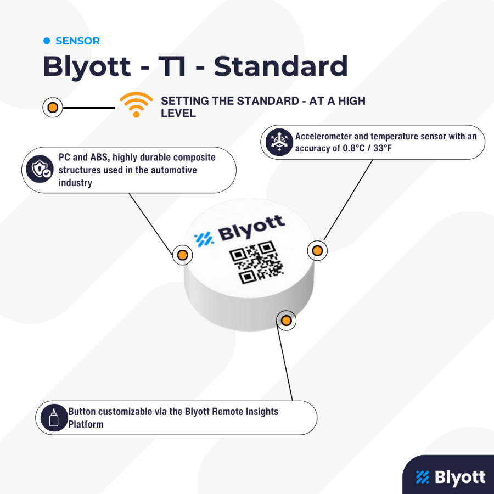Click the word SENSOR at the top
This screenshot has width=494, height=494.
[77, 41]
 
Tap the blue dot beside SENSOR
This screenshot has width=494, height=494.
[47, 41]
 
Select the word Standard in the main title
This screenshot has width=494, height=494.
[280, 66]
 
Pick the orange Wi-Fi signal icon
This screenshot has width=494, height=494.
[136, 105]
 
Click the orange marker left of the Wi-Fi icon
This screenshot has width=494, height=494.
[53, 108]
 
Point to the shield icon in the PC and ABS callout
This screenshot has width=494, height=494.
[40, 169]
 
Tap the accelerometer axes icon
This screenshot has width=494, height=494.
[279, 142]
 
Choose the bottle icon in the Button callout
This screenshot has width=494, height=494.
[54, 418]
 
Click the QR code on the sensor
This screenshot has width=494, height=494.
[256, 262]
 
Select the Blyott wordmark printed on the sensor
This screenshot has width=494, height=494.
[252, 228]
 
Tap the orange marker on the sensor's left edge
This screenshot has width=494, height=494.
[182, 255]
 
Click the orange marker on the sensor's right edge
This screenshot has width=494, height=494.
[317, 250]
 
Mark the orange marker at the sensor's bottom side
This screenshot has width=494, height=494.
[286, 321]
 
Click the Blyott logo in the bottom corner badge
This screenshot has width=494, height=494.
[451, 478]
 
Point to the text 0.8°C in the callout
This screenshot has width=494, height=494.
[353, 148]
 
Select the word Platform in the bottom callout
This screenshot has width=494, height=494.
[86, 424]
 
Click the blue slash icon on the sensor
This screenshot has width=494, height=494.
[204, 239]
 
